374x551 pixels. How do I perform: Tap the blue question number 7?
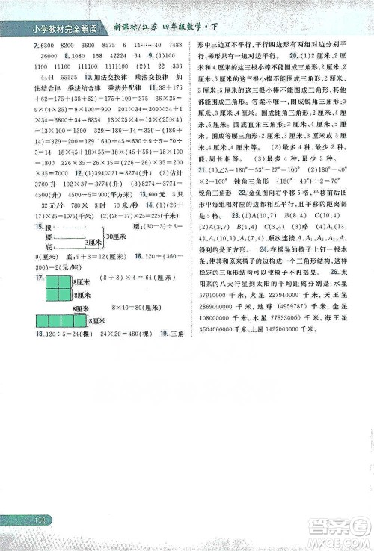coord(16,46)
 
